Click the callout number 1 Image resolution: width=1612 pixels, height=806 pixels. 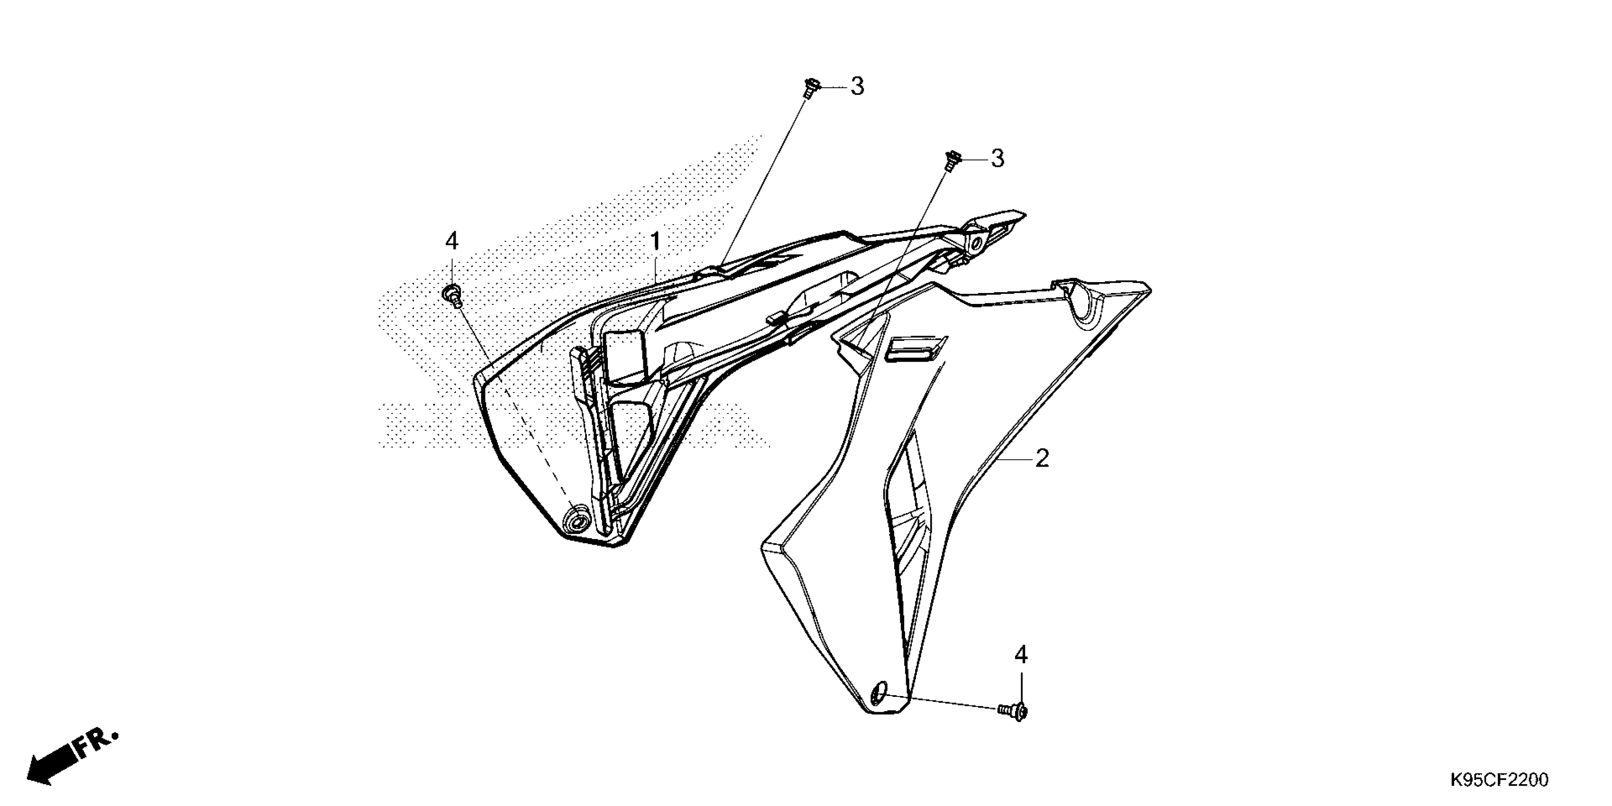(655, 241)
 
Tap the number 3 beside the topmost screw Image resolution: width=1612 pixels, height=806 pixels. (857, 87)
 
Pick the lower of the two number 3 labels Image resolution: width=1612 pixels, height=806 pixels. (998, 159)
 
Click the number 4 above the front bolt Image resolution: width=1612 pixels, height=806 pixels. (451, 241)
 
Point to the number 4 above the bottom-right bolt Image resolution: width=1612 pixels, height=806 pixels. (1021, 655)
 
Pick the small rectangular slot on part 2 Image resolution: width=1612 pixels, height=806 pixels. (916, 348)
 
